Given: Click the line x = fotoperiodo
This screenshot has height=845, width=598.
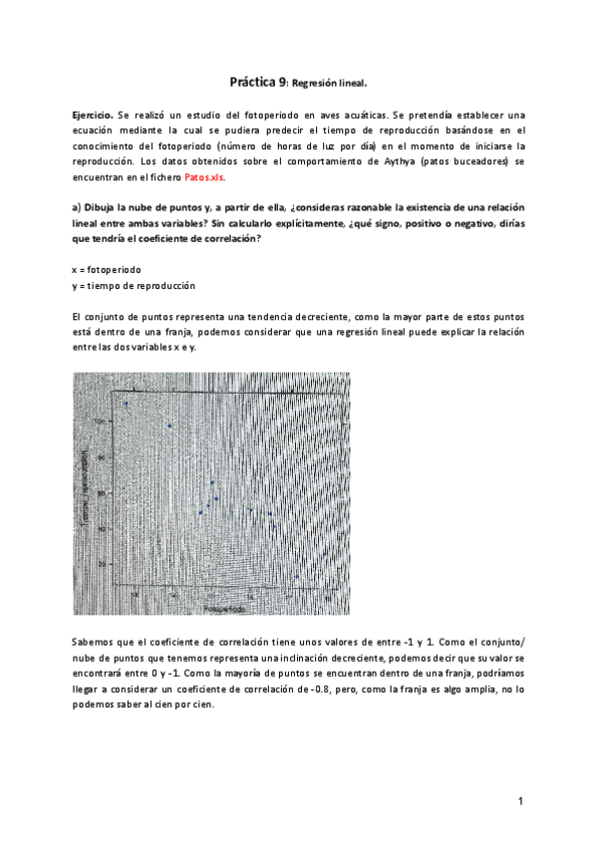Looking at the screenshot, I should coord(107,270).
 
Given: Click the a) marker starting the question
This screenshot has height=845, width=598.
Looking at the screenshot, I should coord(77,207).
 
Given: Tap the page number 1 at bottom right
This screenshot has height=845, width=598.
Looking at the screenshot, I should coord(520,801).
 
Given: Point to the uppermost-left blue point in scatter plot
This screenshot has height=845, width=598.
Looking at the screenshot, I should coord(127,405).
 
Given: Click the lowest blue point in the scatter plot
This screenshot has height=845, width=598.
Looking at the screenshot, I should coord(296,576).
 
